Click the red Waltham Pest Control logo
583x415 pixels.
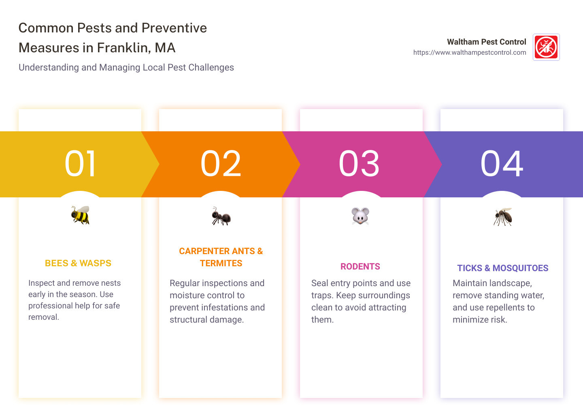point(546,47)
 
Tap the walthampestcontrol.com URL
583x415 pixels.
point(470,53)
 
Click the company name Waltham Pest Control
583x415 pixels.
point(486,42)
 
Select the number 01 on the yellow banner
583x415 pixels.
point(81,164)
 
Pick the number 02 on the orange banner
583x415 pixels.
point(221,164)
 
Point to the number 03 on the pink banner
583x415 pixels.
point(359,164)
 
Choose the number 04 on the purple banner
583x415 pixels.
point(502,164)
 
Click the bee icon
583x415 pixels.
point(81,215)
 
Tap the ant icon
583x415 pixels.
point(221,216)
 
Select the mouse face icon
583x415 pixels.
point(360,216)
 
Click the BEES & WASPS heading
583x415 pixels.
point(78,263)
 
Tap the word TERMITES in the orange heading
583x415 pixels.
point(221,263)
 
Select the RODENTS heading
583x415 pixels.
point(360,267)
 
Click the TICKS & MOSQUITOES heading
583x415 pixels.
point(503,268)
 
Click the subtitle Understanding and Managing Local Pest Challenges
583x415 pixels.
point(126,68)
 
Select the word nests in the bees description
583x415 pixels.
point(111,283)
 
